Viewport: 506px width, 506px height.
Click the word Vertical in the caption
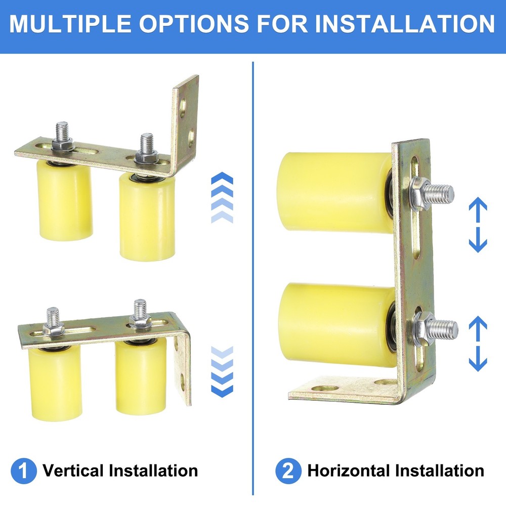click(74, 471)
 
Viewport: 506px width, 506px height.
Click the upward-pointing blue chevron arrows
click(221, 198)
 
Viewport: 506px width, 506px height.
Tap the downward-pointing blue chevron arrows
click(221, 371)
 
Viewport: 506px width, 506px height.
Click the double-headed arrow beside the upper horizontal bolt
click(478, 225)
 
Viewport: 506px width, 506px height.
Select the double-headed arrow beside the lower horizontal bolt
click(478, 344)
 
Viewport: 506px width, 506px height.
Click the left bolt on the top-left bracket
click(63, 136)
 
